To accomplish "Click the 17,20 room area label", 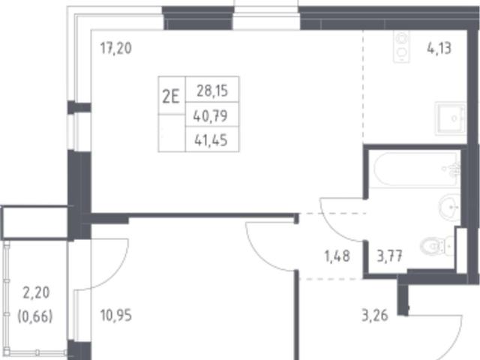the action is coord(116,48).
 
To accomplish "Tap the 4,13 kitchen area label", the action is coord(439,48).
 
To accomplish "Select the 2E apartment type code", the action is coord(170,97).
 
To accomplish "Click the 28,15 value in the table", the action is coord(212,91).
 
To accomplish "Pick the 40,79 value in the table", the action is coord(211,116).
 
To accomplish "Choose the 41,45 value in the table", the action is coord(211,140).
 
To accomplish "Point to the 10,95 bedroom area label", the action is coord(116,316).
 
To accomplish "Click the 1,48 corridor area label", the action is coord(337,256).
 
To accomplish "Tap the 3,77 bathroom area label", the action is coord(389,256).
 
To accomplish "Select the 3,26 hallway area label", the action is coord(375,316).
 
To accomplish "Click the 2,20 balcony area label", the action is coord(36,293).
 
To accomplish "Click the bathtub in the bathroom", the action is coord(417,169).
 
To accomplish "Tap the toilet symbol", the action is coord(436,246).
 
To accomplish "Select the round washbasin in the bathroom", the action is coord(449,208).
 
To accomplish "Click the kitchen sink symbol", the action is coord(450,118).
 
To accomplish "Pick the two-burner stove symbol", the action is coord(401,46).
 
